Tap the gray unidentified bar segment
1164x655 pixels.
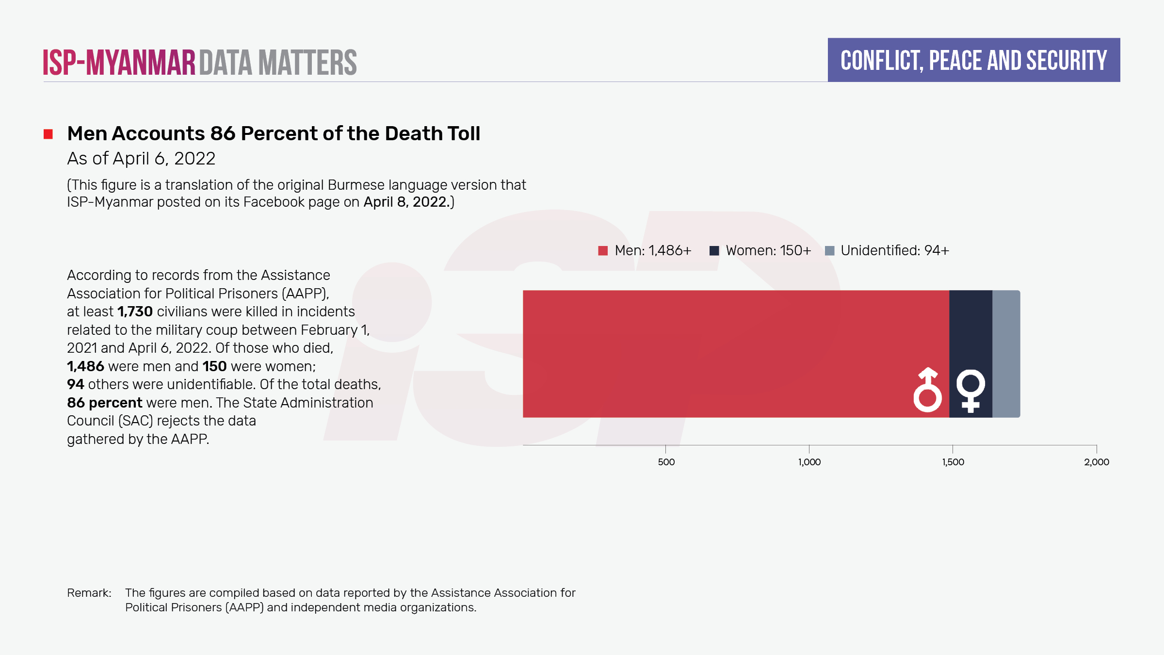[x=1006, y=354]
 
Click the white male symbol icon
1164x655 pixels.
[x=927, y=390]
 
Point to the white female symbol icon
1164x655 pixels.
[x=970, y=391]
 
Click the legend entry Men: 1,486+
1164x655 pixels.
[x=645, y=250]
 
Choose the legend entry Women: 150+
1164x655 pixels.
[x=760, y=250]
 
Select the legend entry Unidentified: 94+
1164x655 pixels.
[x=887, y=250]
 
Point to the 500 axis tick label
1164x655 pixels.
[x=666, y=462]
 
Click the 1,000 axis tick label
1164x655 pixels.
[x=809, y=462]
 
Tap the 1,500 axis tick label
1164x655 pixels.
[x=953, y=462]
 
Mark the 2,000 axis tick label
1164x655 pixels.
[x=1097, y=462]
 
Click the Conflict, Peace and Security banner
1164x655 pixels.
[x=973, y=60]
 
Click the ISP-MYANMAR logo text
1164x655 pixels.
[x=119, y=63]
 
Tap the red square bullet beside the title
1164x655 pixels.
[x=48, y=134]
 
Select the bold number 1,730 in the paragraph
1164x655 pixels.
[x=135, y=311]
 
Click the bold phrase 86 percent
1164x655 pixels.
[x=104, y=403]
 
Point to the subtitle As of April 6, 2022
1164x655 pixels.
[x=141, y=159]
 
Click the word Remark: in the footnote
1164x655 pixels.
[x=89, y=593]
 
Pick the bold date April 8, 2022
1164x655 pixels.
[x=406, y=202]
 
